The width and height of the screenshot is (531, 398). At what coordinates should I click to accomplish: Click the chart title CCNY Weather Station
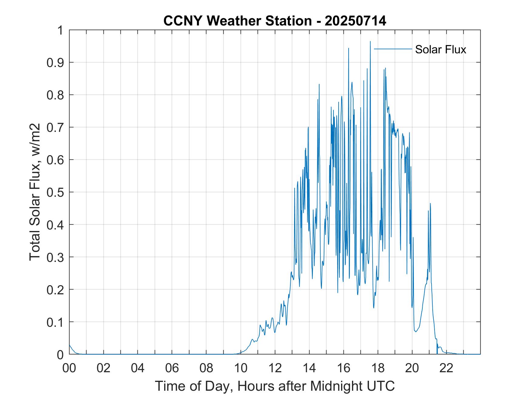[237, 21]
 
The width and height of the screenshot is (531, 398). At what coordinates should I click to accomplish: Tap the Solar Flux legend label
[440, 49]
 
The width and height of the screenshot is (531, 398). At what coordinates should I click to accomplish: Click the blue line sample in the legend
[393, 49]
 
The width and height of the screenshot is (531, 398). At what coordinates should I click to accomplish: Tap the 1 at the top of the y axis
[61, 31]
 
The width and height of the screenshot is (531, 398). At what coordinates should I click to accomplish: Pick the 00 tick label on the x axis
[69, 368]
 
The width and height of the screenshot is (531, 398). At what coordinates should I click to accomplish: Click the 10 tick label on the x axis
[241, 368]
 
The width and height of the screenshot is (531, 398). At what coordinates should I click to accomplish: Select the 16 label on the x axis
[343, 368]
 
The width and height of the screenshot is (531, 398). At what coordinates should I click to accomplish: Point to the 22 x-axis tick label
[446, 368]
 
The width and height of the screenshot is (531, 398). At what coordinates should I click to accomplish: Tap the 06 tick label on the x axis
[172, 368]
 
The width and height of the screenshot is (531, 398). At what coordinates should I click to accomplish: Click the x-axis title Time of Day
[275, 386]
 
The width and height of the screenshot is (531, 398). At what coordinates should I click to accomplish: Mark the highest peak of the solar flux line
[370, 42]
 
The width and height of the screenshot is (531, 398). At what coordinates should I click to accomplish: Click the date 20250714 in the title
[355, 21]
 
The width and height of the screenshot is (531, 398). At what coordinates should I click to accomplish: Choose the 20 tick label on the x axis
[412, 368]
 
